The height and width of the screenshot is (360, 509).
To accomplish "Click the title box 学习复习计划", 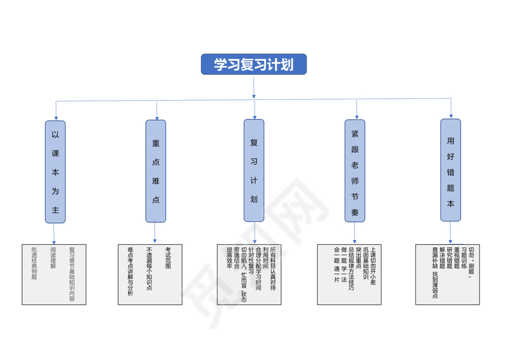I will click(x=253, y=64).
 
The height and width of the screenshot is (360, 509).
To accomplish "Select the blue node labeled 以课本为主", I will click(x=55, y=171).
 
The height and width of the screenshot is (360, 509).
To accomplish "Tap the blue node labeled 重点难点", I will click(x=156, y=171).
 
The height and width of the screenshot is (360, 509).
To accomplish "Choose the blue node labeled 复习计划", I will click(x=254, y=170).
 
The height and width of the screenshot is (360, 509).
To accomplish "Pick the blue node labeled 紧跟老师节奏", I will click(x=354, y=170).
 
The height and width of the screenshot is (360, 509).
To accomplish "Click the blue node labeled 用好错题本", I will click(x=451, y=170).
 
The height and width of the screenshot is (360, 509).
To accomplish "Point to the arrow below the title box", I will click(x=253, y=87).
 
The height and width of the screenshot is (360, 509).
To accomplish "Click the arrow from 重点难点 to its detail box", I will click(x=155, y=233).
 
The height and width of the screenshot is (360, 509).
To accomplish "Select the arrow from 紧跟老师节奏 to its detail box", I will click(x=354, y=233).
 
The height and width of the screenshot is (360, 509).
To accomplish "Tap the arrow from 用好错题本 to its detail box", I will click(x=451, y=233).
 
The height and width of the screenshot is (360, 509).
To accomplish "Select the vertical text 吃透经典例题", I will click(x=34, y=263).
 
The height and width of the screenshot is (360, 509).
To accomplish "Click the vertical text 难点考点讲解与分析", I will click(x=130, y=272).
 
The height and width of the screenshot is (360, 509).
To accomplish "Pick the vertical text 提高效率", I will click(x=229, y=258).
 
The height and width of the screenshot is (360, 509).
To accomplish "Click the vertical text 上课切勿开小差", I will click(x=373, y=267).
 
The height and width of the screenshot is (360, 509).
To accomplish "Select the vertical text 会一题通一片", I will click(x=336, y=264).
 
